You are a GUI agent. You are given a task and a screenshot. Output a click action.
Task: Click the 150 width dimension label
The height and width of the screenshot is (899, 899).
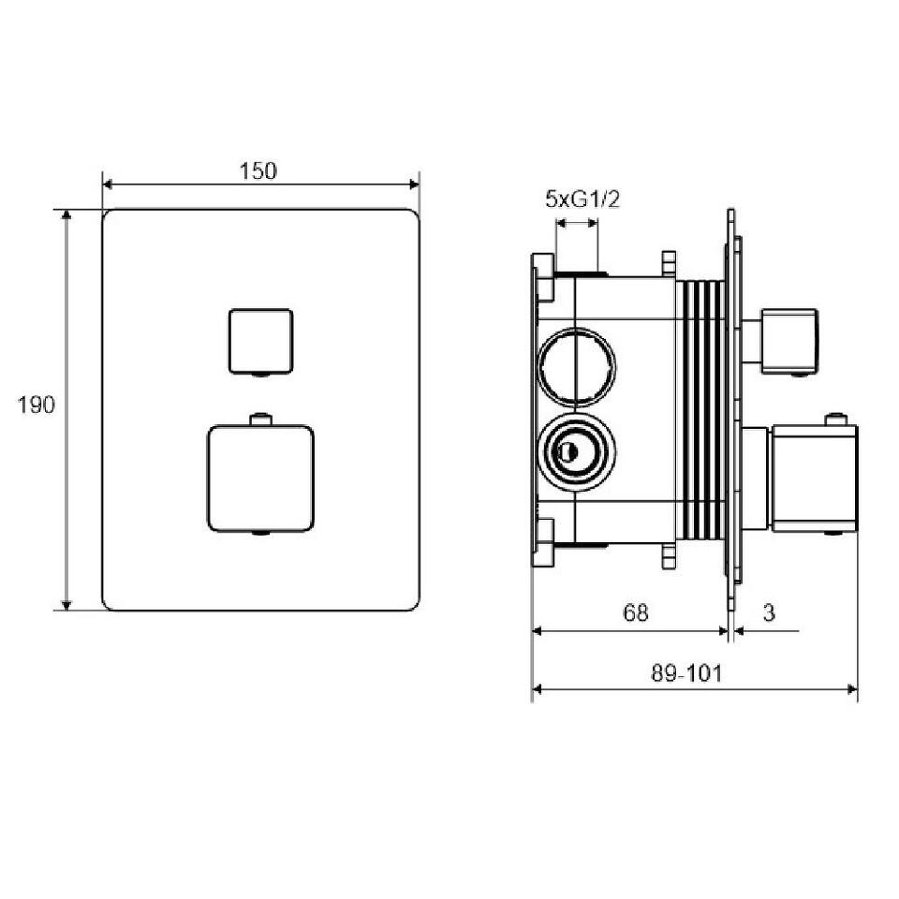coord(258,170)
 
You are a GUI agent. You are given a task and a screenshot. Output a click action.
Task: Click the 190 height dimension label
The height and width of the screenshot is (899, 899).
coord(37,405)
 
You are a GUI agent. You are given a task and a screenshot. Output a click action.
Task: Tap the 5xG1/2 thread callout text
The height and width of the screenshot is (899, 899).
coord(582,199)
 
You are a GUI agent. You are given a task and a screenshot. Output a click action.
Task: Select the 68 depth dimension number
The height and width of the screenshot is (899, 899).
coord(635,612)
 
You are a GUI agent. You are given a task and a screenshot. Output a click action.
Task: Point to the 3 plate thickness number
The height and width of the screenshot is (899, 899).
coord(769,612)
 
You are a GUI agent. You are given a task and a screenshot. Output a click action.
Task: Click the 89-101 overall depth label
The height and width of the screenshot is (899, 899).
coord(686,673)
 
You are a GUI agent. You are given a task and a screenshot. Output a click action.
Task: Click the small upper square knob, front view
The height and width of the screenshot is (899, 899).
coord(261,341)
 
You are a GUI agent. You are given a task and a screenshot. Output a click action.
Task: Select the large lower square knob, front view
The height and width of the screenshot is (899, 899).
coord(260,479)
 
